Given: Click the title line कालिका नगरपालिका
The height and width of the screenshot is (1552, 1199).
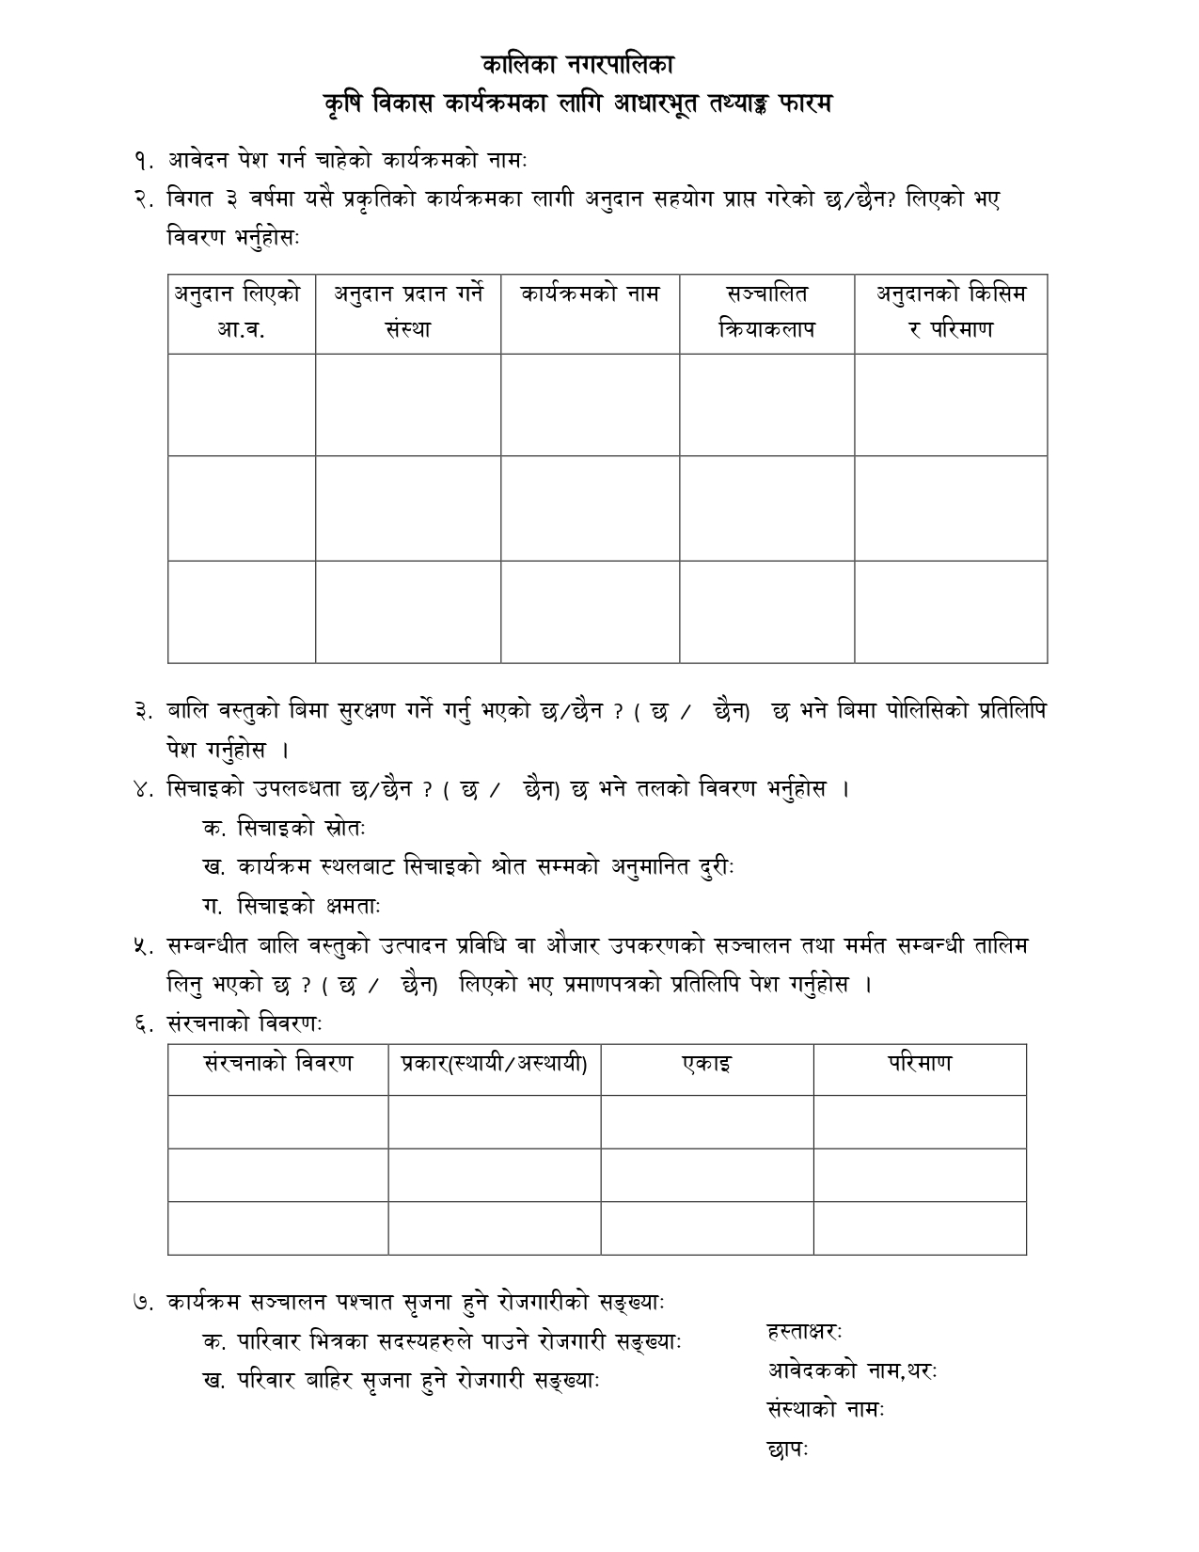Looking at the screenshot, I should pos(577,66).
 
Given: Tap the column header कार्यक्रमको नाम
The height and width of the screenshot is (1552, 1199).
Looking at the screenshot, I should pos(590,293).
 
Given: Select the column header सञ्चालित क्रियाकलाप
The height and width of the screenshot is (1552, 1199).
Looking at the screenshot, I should pos(766,311).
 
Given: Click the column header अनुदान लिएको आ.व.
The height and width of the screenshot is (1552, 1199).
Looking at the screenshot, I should pos(241,311).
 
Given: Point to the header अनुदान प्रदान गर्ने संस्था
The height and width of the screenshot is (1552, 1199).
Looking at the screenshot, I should pos(408,311).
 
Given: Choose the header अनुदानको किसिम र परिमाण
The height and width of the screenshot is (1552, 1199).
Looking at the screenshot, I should pos(951,311).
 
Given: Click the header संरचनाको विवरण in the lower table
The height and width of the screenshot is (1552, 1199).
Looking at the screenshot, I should pos(278,1064).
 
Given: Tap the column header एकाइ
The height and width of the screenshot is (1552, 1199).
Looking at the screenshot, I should pos(707,1064).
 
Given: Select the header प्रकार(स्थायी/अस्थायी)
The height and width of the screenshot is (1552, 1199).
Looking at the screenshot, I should pos(495,1064).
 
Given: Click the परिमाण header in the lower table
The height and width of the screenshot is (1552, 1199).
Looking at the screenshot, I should pos(920,1064).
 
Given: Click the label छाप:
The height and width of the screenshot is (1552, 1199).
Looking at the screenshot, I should pos(788,1449).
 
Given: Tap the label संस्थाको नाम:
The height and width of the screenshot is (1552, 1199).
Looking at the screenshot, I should pos(827,1410).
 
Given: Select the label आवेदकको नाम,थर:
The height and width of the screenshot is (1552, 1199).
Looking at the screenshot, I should pos(852,1370).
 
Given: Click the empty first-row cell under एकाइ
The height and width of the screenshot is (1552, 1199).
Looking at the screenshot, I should pos(707,1121).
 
